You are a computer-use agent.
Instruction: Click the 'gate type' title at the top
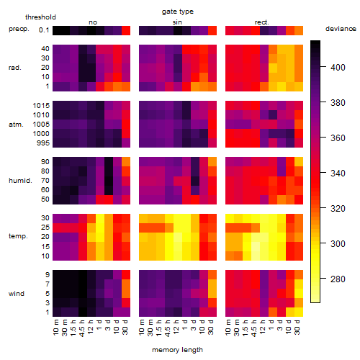click(178, 12)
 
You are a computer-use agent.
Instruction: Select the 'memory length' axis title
click(177, 350)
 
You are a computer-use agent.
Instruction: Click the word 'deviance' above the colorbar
click(341, 29)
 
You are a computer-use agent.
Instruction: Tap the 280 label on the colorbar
click(338, 279)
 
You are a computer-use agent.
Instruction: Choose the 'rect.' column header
click(261, 22)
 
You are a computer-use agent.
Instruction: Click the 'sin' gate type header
click(177, 22)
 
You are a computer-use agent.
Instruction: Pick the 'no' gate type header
click(93, 22)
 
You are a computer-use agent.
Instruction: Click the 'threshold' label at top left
click(40, 17)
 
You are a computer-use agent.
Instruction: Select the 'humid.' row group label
click(20, 181)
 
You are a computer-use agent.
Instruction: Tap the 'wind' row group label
click(17, 294)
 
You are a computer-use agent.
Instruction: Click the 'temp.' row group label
click(18, 236)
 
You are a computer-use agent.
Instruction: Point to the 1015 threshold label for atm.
click(41, 105)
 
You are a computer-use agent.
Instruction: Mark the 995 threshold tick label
click(43, 143)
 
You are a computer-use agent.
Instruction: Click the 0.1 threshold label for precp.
click(44, 30)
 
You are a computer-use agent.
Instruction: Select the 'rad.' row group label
click(15, 68)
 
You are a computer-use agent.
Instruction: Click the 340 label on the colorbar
click(338, 173)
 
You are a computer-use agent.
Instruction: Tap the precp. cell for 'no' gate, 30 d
click(126, 30)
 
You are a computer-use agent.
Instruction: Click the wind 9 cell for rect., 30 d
click(299, 275)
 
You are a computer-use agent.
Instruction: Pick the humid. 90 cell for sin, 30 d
click(212, 162)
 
